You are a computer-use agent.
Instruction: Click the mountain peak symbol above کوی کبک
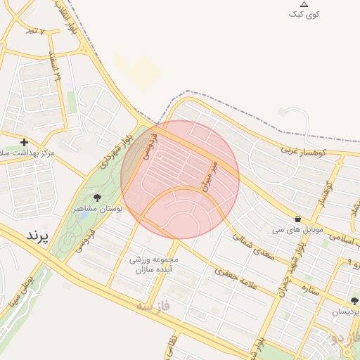pyautogui.click(x=304, y=4)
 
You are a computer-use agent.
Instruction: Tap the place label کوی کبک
pyautogui.click(x=304, y=15)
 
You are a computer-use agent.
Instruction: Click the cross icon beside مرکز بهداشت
pyautogui.click(x=24, y=142)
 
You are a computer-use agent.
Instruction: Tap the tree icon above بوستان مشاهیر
pyautogui.click(x=97, y=198)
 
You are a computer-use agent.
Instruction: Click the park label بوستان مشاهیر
pyautogui.click(x=98, y=209)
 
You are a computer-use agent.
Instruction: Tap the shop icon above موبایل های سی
pyautogui.click(x=298, y=219)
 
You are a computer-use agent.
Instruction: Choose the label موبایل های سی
pyautogui.click(x=298, y=229)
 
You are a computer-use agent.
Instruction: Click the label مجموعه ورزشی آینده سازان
pyautogui.click(x=154, y=264)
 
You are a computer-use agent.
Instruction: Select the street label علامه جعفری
pyautogui.click(x=234, y=279)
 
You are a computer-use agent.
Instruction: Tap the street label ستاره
pyautogui.click(x=309, y=288)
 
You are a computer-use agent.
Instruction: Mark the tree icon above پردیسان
pyautogui.click(x=354, y=300)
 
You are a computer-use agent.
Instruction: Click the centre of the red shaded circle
pyautogui.click(x=180, y=179)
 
